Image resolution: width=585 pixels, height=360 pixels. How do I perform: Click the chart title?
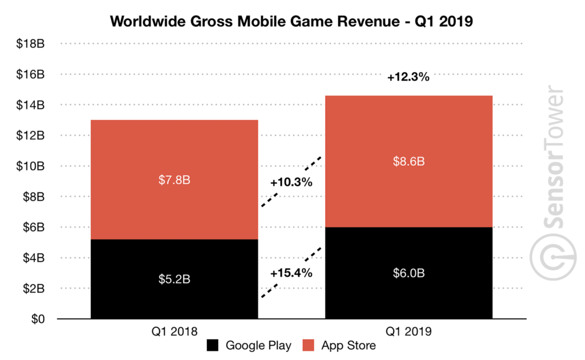point(291,21)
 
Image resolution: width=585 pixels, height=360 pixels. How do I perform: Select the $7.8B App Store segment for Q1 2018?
point(174,179)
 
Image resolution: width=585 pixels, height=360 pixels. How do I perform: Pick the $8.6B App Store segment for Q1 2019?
point(408,161)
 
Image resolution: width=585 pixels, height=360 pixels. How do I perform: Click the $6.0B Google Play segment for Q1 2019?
point(408,273)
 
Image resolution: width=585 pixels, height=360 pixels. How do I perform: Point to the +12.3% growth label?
point(408,77)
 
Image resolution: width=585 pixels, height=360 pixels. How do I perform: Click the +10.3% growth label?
point(291,183)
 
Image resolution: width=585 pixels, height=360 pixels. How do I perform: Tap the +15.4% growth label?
point(291,273)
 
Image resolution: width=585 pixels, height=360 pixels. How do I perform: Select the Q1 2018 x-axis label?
point(174,331)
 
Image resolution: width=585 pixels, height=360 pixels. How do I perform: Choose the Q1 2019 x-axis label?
point(408,331)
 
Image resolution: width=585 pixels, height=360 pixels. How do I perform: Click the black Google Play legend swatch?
point(213,345)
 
